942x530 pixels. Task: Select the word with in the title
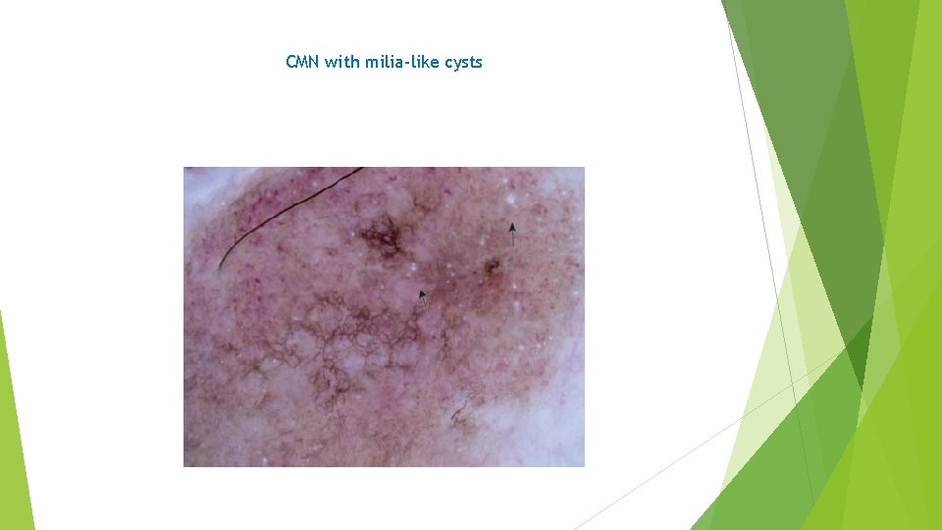coord(342,63)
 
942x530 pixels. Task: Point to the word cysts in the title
coord(464,63)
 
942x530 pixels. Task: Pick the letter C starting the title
coord(290,63)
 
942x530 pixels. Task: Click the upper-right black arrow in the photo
coord(511,233)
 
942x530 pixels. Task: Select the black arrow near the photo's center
coord(423,296)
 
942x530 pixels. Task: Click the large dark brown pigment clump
coord(380,236)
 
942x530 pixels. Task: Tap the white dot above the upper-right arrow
coord(511,199)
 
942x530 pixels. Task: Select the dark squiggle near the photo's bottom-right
coord(459,416)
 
